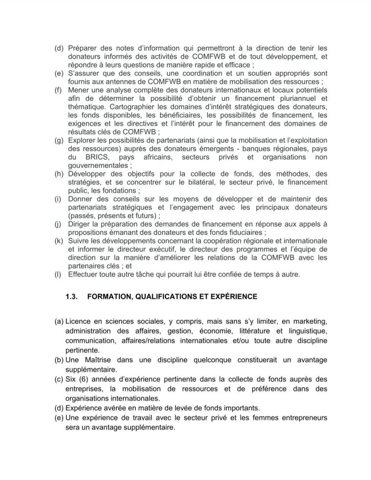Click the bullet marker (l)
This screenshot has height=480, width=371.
(x=58, y=273)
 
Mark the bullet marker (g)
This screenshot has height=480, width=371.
(x=59, y=140)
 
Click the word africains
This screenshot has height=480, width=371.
(x=163, y=157)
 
